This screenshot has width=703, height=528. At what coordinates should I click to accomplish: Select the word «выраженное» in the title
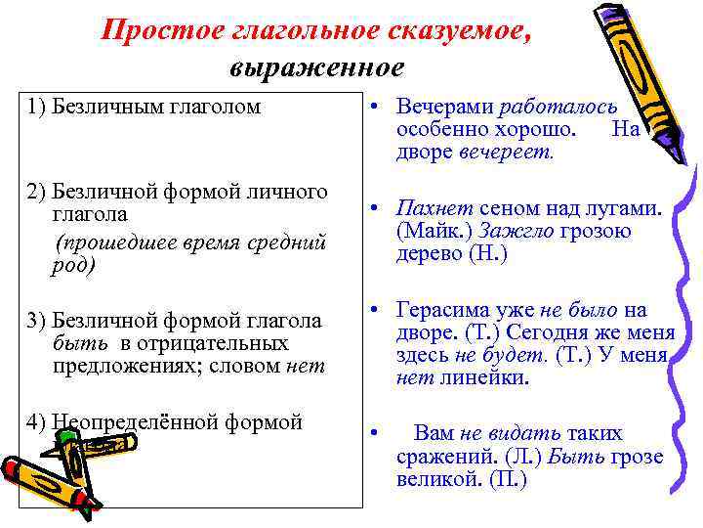[x=316, y=67]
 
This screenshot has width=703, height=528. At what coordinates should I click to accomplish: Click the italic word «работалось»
[x=558, y=106]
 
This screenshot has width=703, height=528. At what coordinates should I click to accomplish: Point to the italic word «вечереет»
[x=515, y=152]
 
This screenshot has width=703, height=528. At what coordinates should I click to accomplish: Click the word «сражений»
[x=448, y=456]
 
